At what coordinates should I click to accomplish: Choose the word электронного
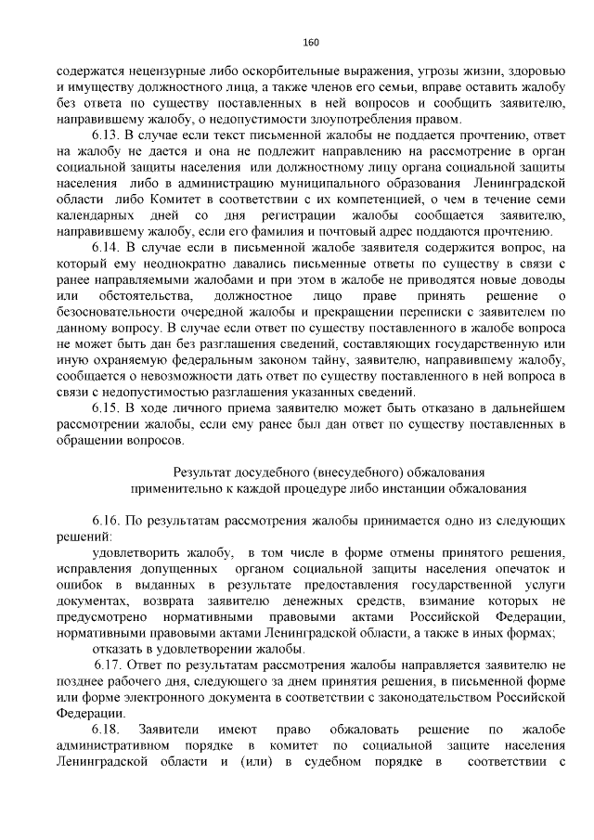166,697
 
